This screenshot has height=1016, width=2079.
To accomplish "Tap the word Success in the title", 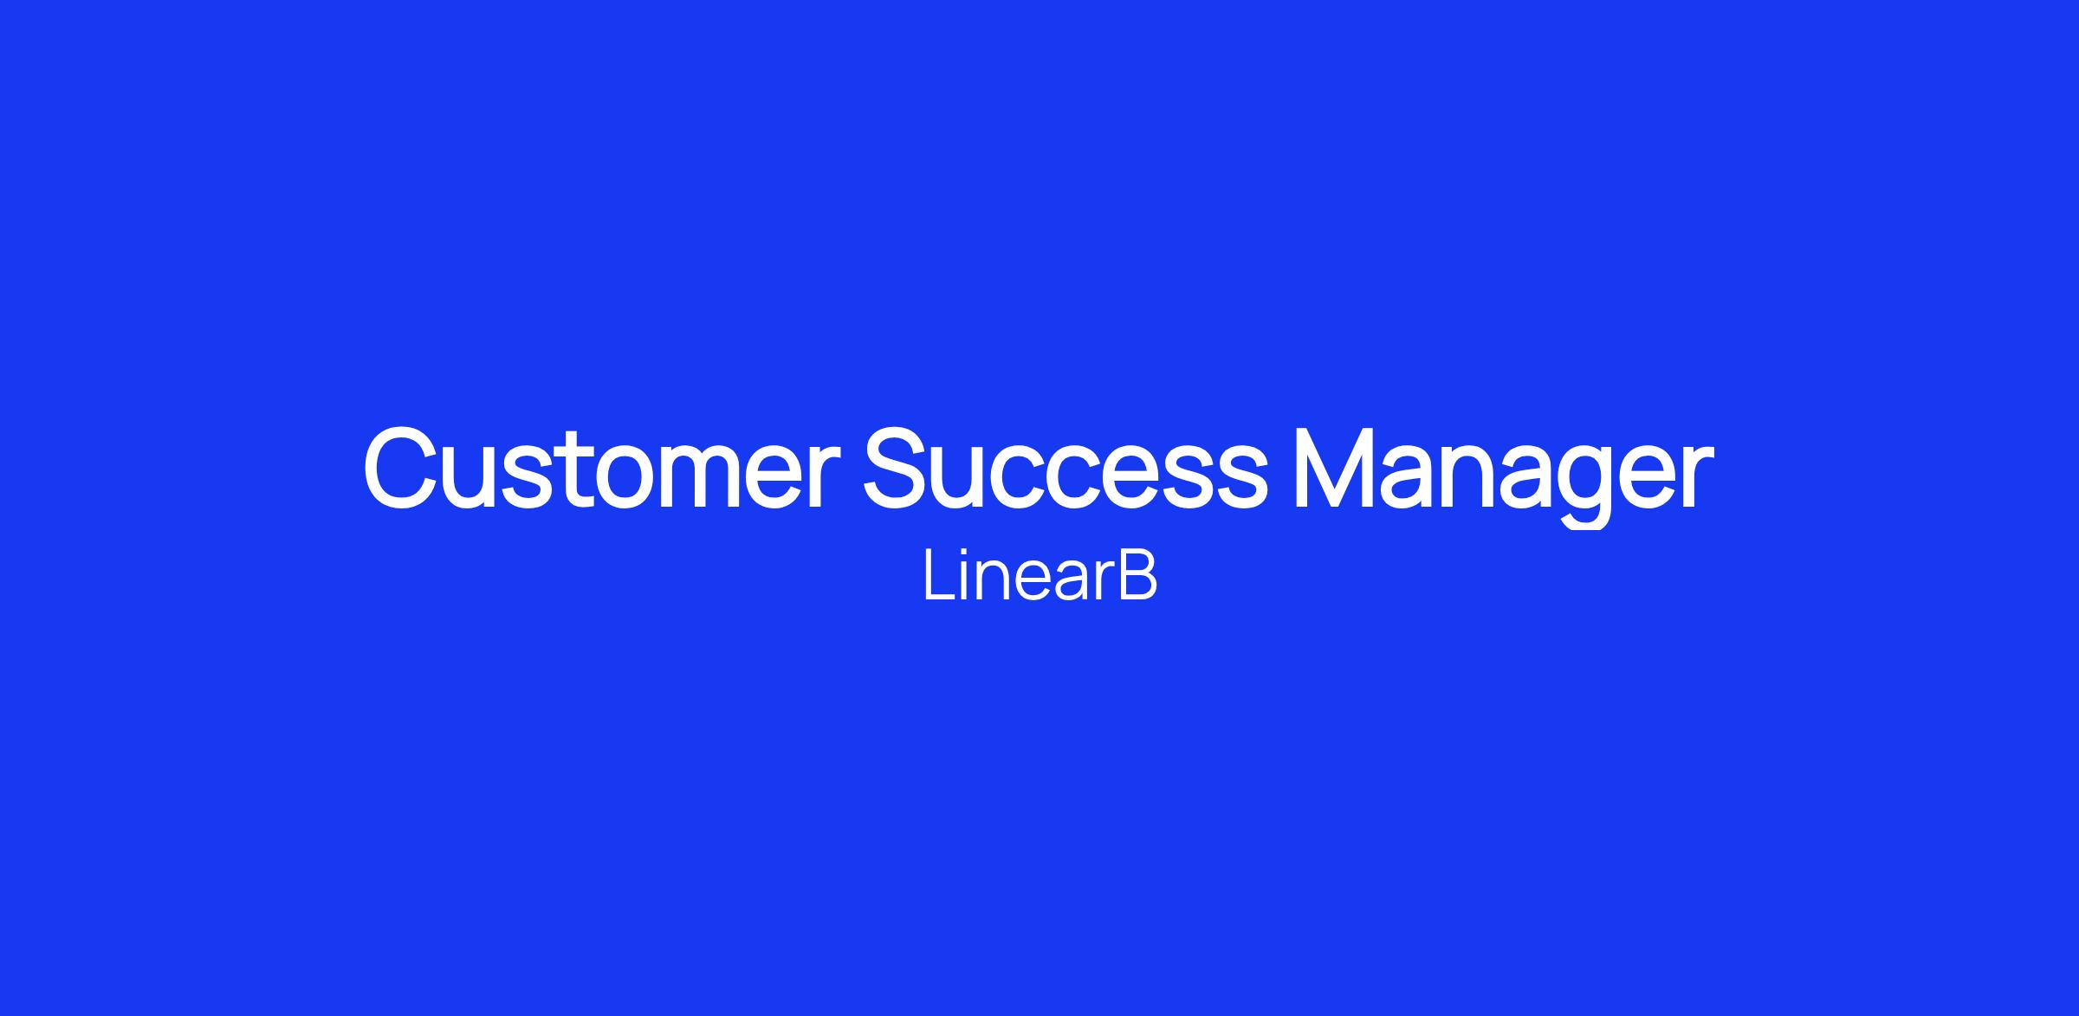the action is [x=1065, y=468].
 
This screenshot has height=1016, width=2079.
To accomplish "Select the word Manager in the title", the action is [x=1503, y=475].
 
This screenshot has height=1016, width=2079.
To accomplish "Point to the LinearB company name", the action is [x=1040, y=574].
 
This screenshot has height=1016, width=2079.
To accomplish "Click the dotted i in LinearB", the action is [x=964, y=574].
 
